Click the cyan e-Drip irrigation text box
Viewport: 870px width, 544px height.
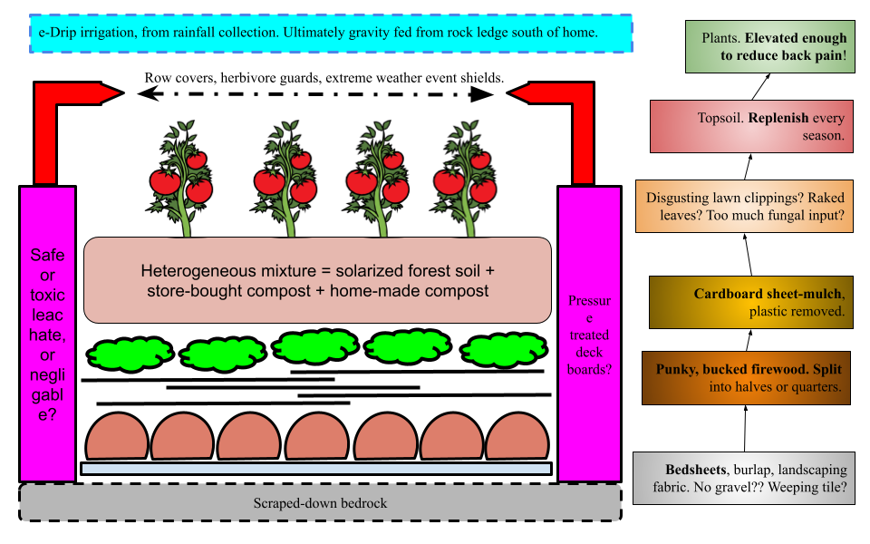pos(331,33)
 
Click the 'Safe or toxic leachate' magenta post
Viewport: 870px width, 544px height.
pos(47,334)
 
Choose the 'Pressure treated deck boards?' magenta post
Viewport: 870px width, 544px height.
pos(589,334)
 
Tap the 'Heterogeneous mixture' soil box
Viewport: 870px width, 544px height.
pos(317,280)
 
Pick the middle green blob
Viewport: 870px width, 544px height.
pos(315,345)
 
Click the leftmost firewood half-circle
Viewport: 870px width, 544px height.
pos(117,437)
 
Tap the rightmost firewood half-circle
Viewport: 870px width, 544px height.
pos(517,437)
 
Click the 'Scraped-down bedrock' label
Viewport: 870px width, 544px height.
pos(320,502)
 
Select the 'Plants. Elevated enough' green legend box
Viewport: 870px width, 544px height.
pos(769,47)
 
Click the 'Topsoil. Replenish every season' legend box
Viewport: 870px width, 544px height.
pos(751,127)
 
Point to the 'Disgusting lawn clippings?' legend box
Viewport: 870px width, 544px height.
pos(744,207)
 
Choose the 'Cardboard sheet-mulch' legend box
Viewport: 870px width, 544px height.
pos(751,302)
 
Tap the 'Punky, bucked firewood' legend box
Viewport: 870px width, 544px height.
pos(746,378)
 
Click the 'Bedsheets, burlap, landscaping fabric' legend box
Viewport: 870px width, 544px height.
pos(743,479)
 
